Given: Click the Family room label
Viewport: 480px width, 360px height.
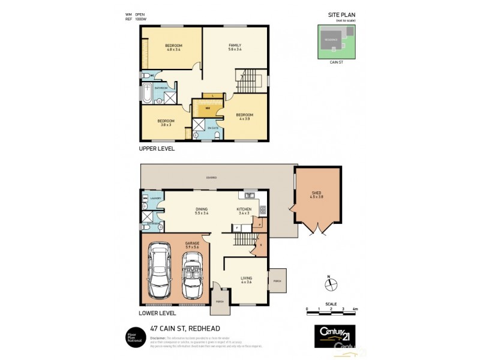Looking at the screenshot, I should tap(235, 48).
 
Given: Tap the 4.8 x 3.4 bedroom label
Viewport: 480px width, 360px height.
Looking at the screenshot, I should tap(173, 48).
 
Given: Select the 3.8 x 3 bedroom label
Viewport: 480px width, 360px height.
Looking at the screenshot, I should tap(166, 122).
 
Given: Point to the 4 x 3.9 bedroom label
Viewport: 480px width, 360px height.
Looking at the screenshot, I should tap(244, 116).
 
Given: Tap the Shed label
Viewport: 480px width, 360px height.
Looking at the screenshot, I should tap(317, 194).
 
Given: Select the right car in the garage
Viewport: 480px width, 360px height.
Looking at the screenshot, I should tap(193, 275).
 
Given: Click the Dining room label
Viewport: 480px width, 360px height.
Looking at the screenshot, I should tap(201, 211).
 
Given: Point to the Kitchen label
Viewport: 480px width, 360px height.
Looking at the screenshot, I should tap(244, 211).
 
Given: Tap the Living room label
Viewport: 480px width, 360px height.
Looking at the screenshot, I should tap(246, 280).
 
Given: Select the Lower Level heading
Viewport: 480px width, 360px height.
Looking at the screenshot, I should tap(157, 313).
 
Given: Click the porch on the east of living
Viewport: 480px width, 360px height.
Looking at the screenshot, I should tap(277, 280).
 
